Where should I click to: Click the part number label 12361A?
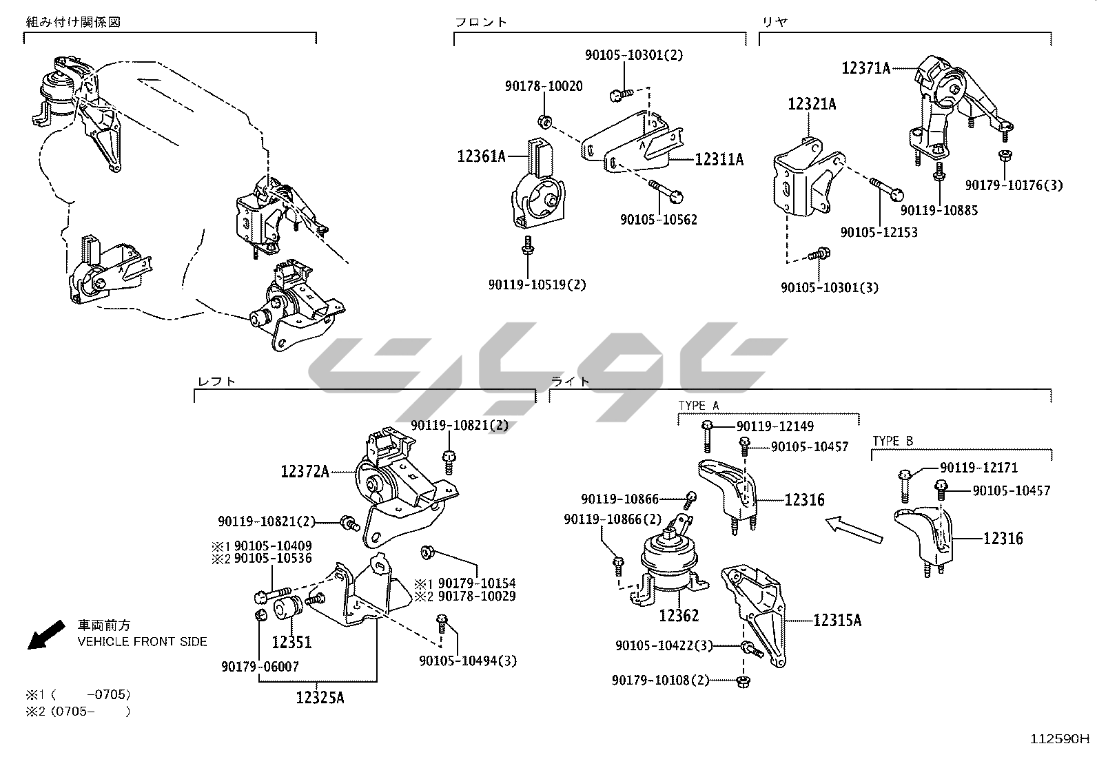481,157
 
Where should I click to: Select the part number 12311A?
719,160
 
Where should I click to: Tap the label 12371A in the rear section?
865,68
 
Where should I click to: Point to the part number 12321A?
812,105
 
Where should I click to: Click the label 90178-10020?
543,86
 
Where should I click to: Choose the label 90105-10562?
658,220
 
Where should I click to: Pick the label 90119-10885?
939,210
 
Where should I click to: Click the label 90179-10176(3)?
1014,185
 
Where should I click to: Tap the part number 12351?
291,643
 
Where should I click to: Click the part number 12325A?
320,698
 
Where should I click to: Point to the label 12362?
678,615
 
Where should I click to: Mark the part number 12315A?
837,621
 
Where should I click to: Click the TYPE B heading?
892,441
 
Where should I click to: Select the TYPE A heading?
698,406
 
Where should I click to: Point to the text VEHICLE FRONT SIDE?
142,641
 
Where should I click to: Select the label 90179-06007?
260,667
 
